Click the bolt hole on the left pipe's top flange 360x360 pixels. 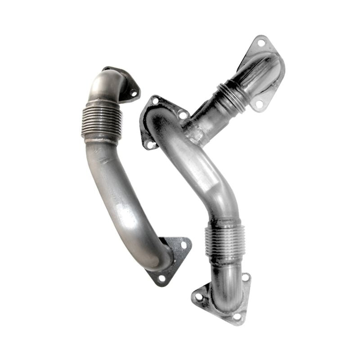coord(133,93)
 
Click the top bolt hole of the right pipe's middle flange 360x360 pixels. coord(155,101)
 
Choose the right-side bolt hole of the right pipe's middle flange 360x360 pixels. coord(182,115)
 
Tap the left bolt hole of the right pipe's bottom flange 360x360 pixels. coord(199,297)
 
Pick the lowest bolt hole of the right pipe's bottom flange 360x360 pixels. coord(237,316)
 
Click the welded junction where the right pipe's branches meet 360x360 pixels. coord(196,130)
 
